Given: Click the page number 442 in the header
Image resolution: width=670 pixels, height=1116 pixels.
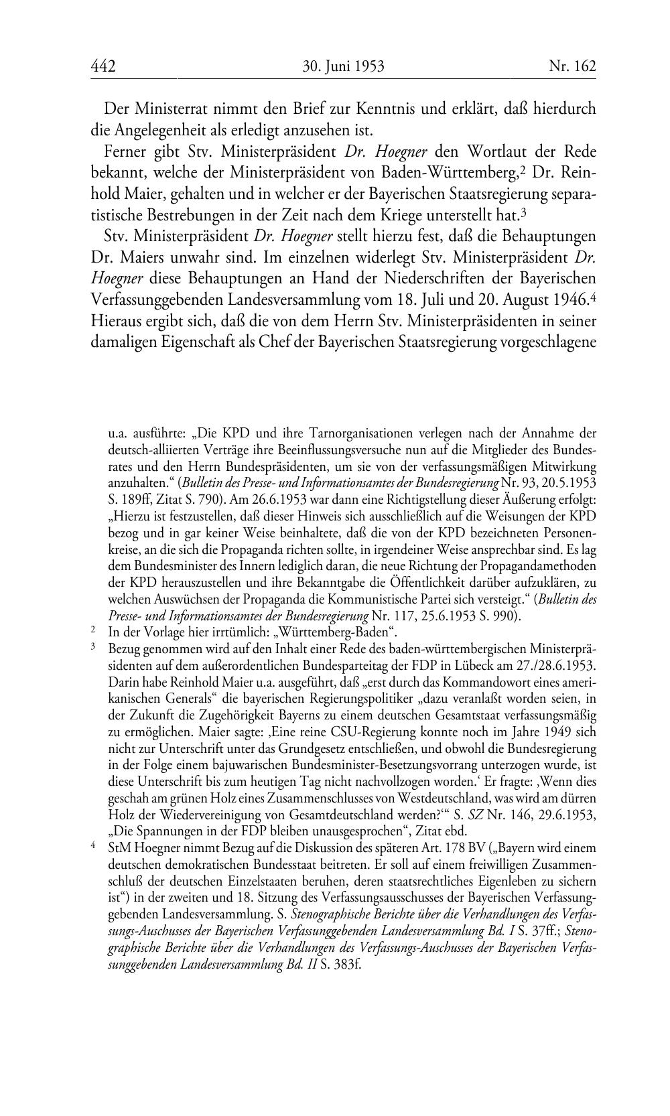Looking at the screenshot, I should point(103,66).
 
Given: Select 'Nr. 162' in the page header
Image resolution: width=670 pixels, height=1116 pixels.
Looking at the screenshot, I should point(572,66).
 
